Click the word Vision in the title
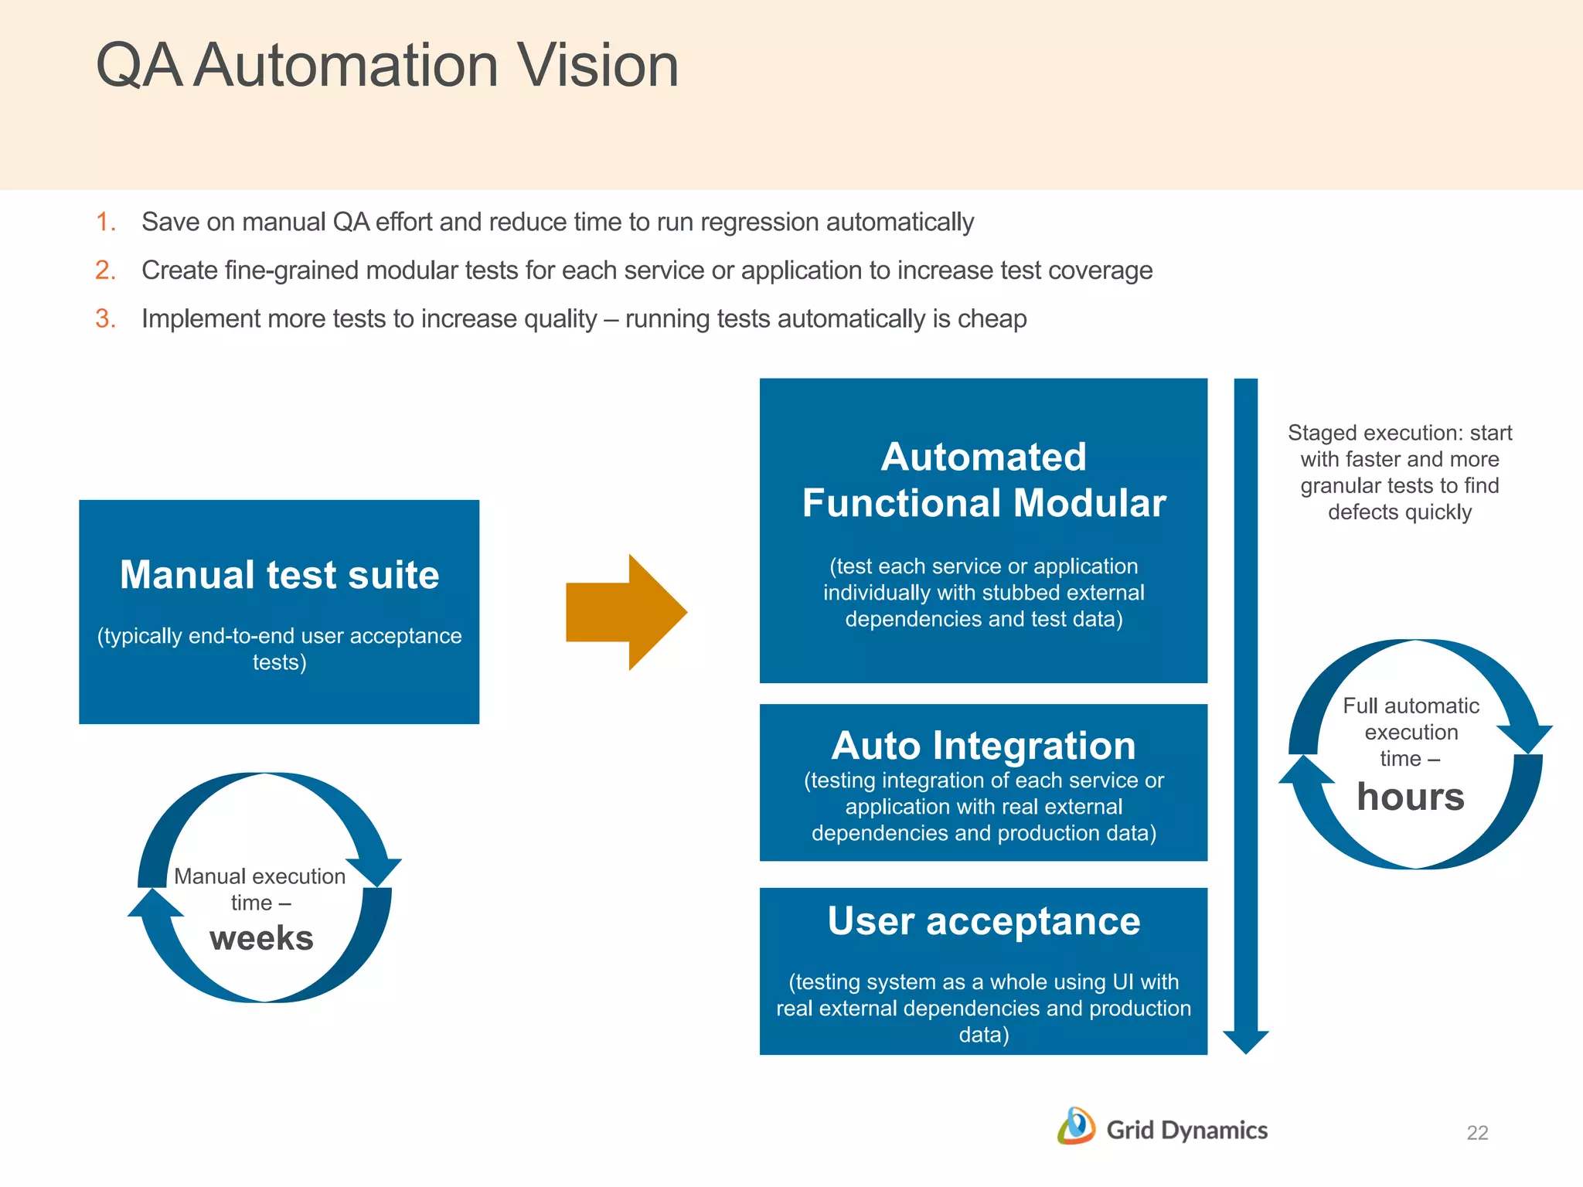597,65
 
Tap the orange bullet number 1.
105,223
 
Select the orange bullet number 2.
105,270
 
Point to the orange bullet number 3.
105,319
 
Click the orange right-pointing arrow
626,612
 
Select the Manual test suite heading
279,575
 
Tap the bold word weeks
261,938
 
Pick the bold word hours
1410,797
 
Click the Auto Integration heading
983,746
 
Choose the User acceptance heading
983,921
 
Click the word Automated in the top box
983,457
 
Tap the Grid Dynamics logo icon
1076,1127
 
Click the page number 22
1476,1133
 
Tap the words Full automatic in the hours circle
1411,706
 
